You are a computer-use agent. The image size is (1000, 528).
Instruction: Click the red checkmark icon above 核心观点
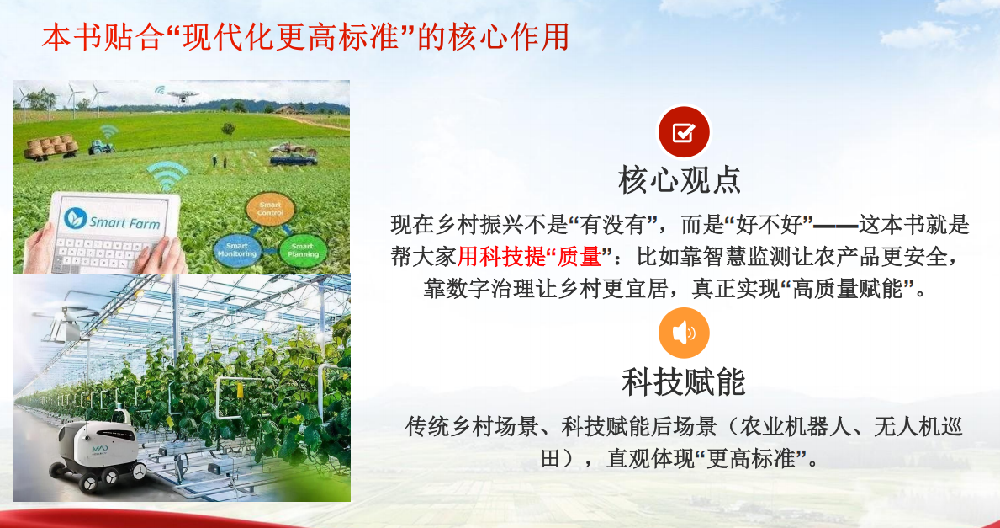[x=684, y=132]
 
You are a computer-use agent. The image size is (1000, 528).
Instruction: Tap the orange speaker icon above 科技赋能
[x=684, y=333]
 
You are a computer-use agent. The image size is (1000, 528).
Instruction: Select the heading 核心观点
[x=680, y=179]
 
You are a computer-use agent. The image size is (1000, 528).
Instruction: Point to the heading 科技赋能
[x=684, y=381]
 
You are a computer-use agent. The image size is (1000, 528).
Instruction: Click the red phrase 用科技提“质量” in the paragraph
[x=530, y=257]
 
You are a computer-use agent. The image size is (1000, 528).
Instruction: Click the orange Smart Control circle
[x=271, y=208]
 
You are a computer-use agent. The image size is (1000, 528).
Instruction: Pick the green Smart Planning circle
[x=303, y=250]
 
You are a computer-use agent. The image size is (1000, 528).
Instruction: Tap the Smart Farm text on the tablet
[x=124, y=223]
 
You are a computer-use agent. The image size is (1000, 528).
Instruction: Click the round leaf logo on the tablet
[x=75, y=219]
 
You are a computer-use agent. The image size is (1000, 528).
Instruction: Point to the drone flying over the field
[x=182, y=94]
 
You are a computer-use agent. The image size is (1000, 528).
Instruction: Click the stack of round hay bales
[x=50, y=147]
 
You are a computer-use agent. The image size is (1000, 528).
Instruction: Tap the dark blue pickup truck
[x=293, y=159]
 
